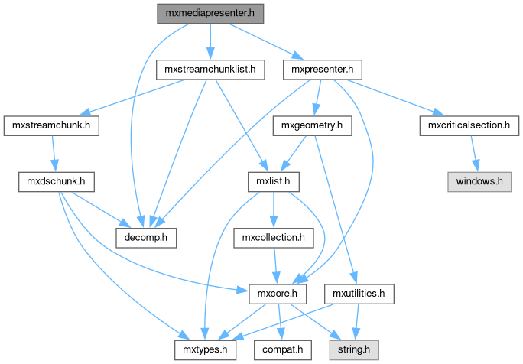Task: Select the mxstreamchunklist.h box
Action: point(210,70)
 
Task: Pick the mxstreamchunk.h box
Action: point(52,125)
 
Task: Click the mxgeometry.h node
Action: point(311,125)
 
